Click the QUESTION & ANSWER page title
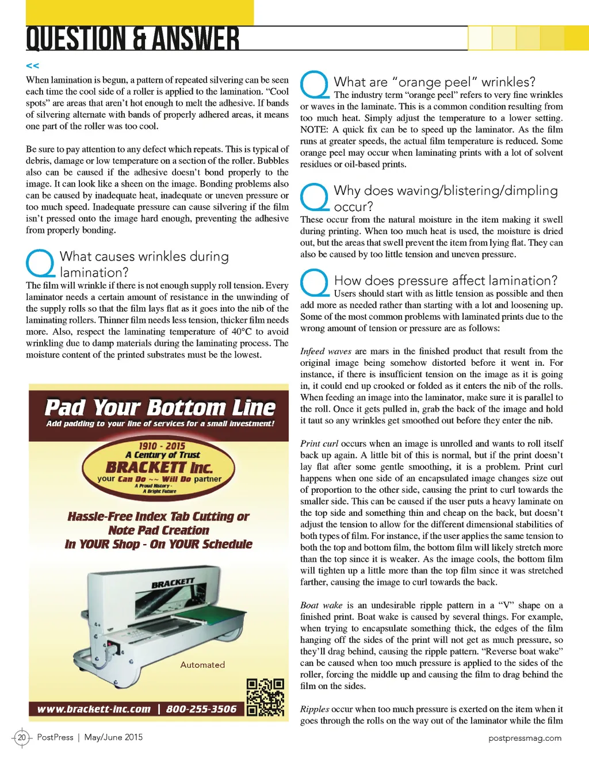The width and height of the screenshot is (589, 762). tap(133, 39)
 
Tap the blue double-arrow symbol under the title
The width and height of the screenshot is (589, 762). tap(33, 66)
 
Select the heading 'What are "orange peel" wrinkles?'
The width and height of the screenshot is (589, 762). tap(434, 82)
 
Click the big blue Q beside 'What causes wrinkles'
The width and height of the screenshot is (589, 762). tap(40, 263)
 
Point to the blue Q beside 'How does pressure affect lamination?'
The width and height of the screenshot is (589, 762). tap(315, 283)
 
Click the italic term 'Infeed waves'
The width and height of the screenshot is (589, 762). tap(326, 351)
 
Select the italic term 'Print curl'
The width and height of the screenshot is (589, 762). tap(319, 443)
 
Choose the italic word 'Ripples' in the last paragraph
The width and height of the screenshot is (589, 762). tap(315, 709)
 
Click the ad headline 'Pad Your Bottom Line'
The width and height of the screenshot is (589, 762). tap(160, 408)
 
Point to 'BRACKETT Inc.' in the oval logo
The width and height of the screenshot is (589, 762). tap(159, 467)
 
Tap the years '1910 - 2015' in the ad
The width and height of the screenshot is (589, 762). tap(162, 446)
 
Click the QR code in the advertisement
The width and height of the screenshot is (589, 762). tap(265, 697)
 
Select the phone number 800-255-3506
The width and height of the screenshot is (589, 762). tap(201, 709)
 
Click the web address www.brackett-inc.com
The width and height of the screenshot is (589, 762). tap(94, 709)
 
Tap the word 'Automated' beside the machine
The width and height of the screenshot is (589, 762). tap(202, 665)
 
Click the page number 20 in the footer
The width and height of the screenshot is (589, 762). tap(22, 737)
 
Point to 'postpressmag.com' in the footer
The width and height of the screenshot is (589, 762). tap(525, 738)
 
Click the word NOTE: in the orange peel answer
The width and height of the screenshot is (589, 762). tap(314, 129)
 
